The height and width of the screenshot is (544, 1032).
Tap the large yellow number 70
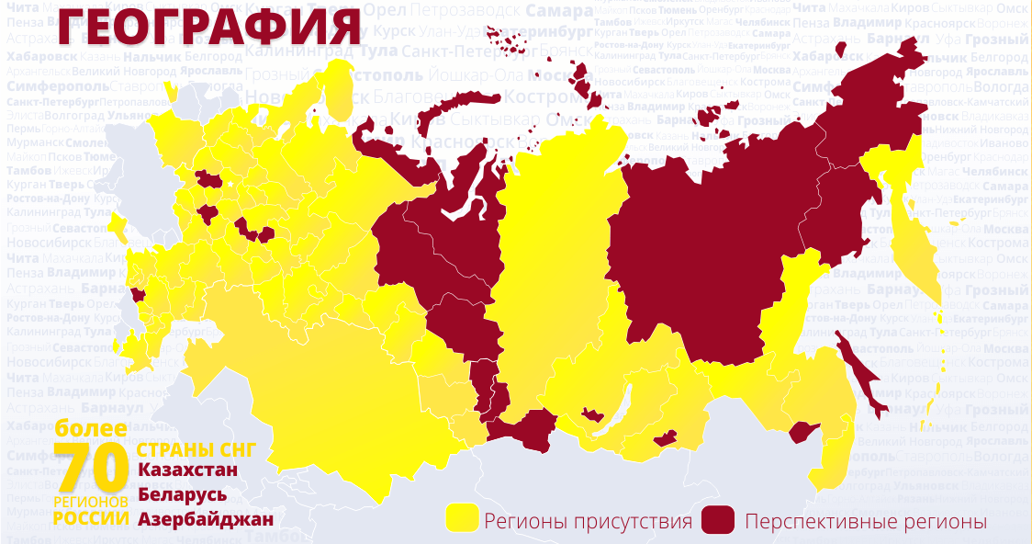click(x=91, y=469)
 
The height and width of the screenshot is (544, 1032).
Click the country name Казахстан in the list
click(x=187, y=470)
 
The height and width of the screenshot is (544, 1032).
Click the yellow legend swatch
click(x=462, y=519)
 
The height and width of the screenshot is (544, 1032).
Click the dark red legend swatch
click(x=719, y=519)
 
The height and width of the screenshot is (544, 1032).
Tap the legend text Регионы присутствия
click(x=588, y=522)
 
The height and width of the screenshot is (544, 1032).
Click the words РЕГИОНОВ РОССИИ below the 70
click(x=91, y=510)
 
